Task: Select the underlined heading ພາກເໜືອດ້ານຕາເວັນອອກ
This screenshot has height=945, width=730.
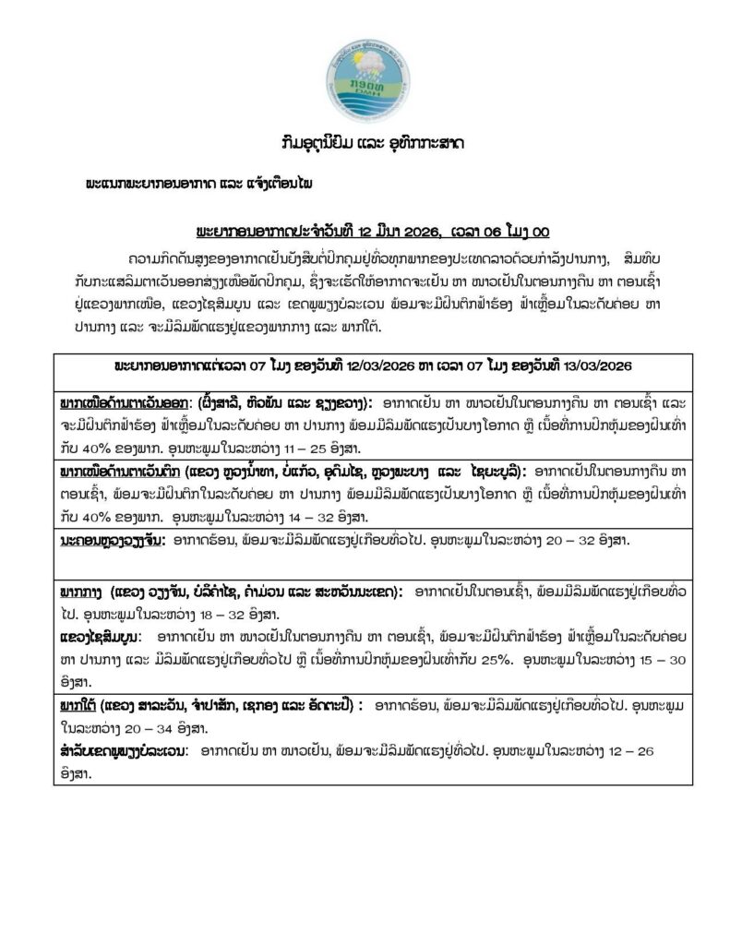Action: point(124,404)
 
